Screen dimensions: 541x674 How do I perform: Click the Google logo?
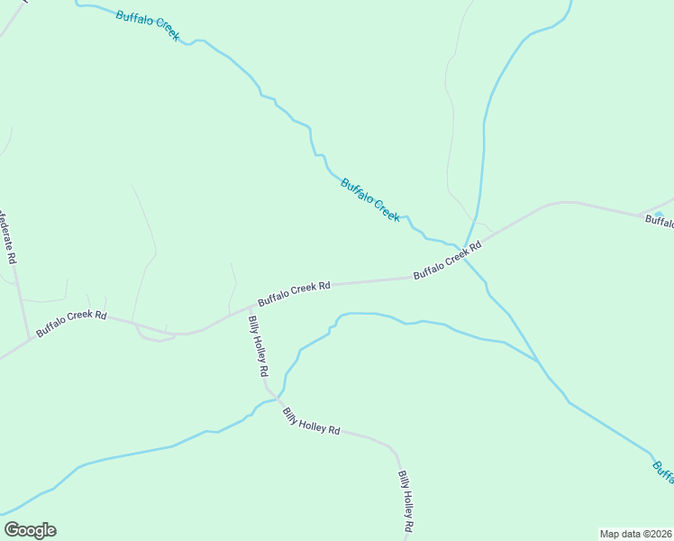coord(30,530)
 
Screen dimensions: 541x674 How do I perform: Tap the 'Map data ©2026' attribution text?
coord(635,534)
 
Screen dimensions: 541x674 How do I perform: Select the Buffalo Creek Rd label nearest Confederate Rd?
coord(71,325)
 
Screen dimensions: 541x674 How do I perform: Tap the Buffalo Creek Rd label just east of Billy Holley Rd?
coord(294,294)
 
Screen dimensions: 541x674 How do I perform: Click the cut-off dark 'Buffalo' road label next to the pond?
coord(655,222)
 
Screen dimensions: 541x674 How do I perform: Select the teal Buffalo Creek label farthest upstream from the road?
coord(148,24)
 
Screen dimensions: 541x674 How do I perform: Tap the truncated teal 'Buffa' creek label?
coord(662,471)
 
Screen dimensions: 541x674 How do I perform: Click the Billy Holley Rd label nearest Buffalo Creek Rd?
coord(258,346)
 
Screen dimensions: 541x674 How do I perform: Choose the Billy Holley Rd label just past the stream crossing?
coord(310,422)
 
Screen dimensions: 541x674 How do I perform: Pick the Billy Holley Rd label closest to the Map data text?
coord(406,501)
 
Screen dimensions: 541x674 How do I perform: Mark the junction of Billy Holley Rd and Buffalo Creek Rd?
coord(250,307)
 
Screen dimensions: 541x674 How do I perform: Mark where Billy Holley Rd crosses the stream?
coord(273,396)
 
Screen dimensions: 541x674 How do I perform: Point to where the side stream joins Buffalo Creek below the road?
coord(538,362)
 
